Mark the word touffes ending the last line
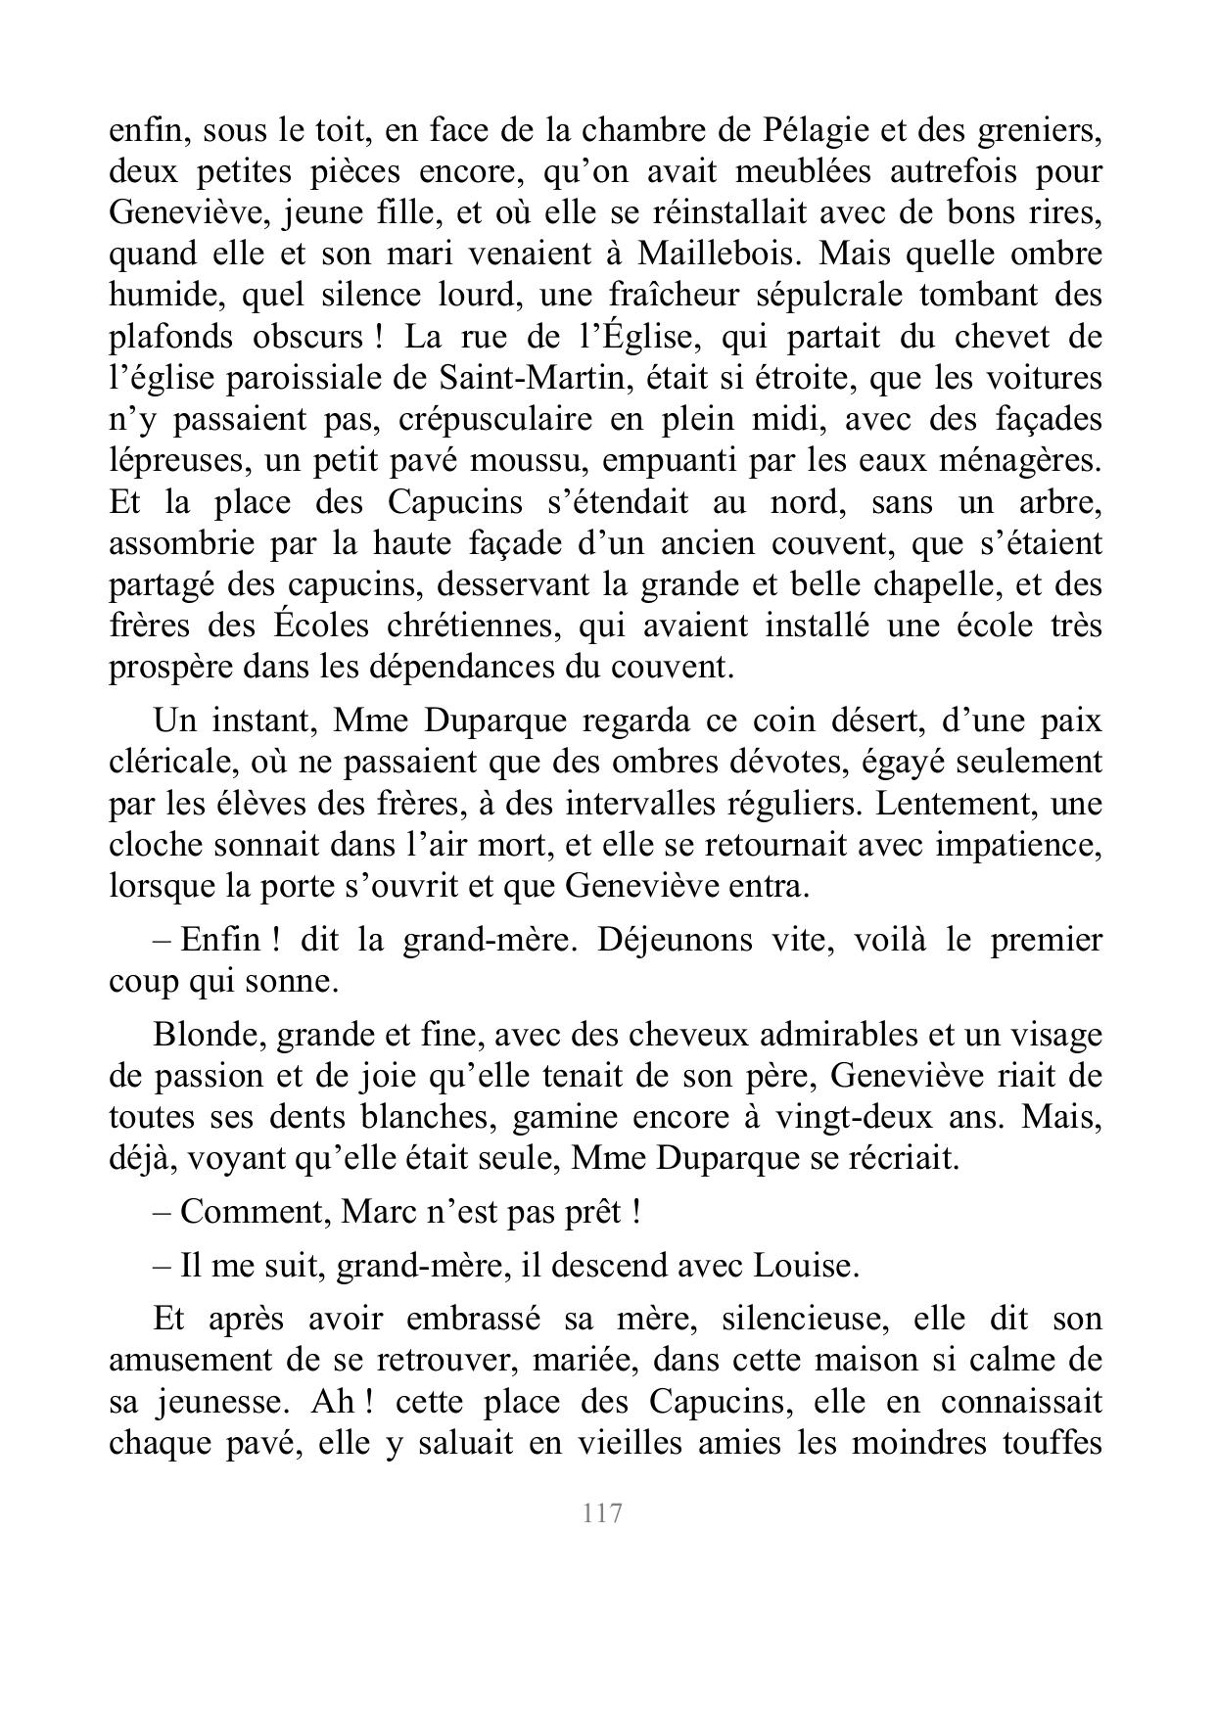tap(1052, 1444)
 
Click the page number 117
tap(602, 1513)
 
